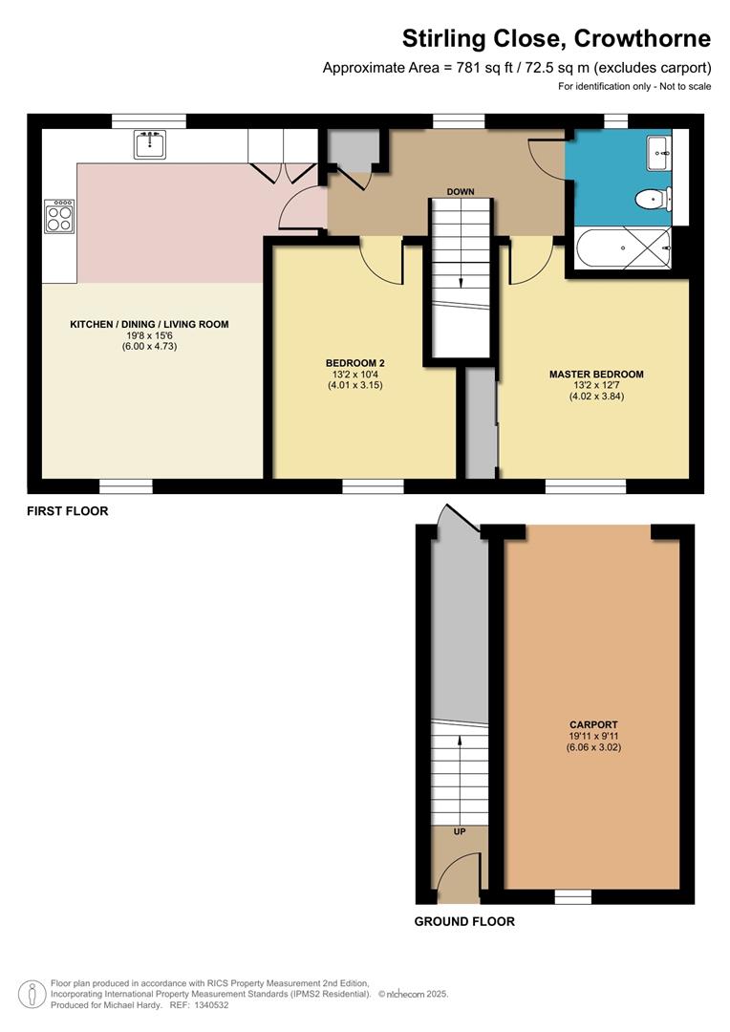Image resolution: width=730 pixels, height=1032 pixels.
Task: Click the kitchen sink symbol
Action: (x=150, y=145)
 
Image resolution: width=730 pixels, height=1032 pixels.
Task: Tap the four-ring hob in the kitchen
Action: (x=59, y=216)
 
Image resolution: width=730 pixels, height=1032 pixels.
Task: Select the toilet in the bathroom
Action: (x=651, y=200)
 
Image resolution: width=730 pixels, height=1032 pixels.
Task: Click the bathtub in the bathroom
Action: (x=622, y=247)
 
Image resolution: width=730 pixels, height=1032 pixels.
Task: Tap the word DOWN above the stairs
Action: (x=461, y=192)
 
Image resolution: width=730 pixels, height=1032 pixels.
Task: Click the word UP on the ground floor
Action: (x=460, y=832)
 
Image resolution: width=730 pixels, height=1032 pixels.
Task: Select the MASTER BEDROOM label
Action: (x=596, y=375)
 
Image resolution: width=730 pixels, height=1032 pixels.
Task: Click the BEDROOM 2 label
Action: (x=354, y=363)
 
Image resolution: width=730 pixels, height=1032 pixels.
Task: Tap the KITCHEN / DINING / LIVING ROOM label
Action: (x=149, y=325)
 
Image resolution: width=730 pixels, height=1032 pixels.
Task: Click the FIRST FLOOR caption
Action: (x=67, y=511)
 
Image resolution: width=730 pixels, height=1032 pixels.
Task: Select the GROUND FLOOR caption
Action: (x=464, y=922)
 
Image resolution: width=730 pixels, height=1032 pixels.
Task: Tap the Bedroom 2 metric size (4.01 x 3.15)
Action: (x=354, y=385)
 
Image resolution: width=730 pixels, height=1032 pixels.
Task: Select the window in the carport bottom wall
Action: (x=573, y=896)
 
